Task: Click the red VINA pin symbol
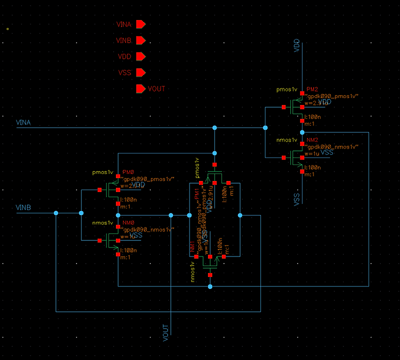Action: click(140, 24)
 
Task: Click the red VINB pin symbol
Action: click(140, 40)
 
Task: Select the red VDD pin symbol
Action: click(140, 56)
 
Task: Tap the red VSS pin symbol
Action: click(140, 73)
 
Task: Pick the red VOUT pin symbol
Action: click(140, 89)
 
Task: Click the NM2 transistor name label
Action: click(312, 140)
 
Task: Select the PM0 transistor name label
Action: click(128, 172)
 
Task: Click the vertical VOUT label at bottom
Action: click(166, 333)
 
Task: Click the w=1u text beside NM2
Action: click(312, 153)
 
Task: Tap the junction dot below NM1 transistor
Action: click(210, 286)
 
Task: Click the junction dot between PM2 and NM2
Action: click(302, 132)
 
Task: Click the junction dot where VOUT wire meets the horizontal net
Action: click(171, 215)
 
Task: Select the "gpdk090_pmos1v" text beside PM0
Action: click(148, 178)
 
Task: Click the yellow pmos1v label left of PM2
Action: click(287, 90)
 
